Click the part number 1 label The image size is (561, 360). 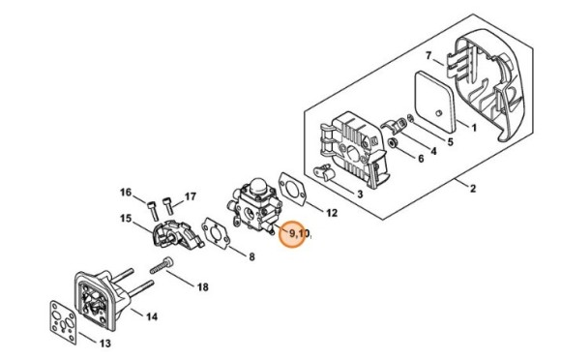(x=474, y=128)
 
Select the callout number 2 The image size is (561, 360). (x=473, y=189)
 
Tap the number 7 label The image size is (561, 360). (x=428, y=56)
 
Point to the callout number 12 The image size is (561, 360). (x=332, y=213)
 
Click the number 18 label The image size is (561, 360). (x=203, y=287)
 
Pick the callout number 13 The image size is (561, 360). (x=104, y=344)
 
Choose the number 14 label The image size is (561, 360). (x=152, y=316)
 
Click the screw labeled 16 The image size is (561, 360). (x=153, y=211)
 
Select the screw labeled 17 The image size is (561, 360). (x=167, y=206)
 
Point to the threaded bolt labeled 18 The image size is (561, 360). (x=162, y=265)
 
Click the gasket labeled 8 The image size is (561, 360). (x=216, y=233)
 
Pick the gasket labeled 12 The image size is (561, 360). (x=293, y=190)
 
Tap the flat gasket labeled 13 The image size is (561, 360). (x=63, y=322)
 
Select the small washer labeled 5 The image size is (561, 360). (x=410, y=118)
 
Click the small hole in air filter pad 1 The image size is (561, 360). (x=439, y=113)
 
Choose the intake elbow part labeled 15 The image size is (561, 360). (x=177, y=234)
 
